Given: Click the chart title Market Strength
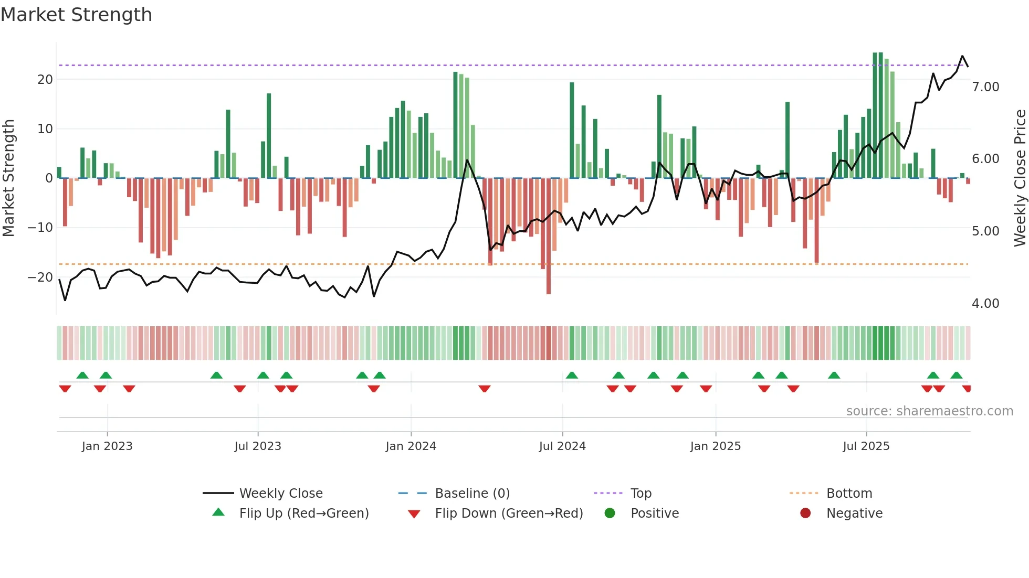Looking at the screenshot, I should (x=76, y=15).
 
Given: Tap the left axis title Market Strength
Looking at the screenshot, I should (x=9, y=178).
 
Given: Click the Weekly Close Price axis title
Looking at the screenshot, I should (x=1020, y=178).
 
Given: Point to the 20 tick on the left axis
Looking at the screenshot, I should (x=45, y=80).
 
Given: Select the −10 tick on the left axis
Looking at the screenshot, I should (x=40, y=228).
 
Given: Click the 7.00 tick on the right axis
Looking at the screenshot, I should (x=985, y=87).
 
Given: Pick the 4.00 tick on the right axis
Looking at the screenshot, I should (x=985, y=304).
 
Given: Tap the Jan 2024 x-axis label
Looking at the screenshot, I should (x=411, y=446).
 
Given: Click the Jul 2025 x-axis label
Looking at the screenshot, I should (x=866, y=446).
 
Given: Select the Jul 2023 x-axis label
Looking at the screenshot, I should (x=258, y=446).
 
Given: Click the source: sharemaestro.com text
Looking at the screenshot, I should (x=929, y=411).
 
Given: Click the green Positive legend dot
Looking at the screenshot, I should (x=610, y=513).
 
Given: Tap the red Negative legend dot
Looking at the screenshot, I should (x=805, y=513).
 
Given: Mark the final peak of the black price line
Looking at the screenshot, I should (x=962, y=56).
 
